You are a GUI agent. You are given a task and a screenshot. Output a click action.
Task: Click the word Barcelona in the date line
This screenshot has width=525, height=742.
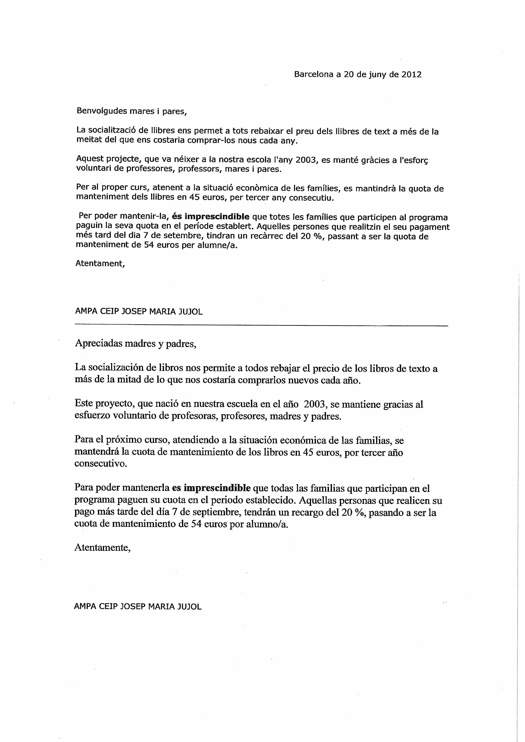[x=313, y=75]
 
